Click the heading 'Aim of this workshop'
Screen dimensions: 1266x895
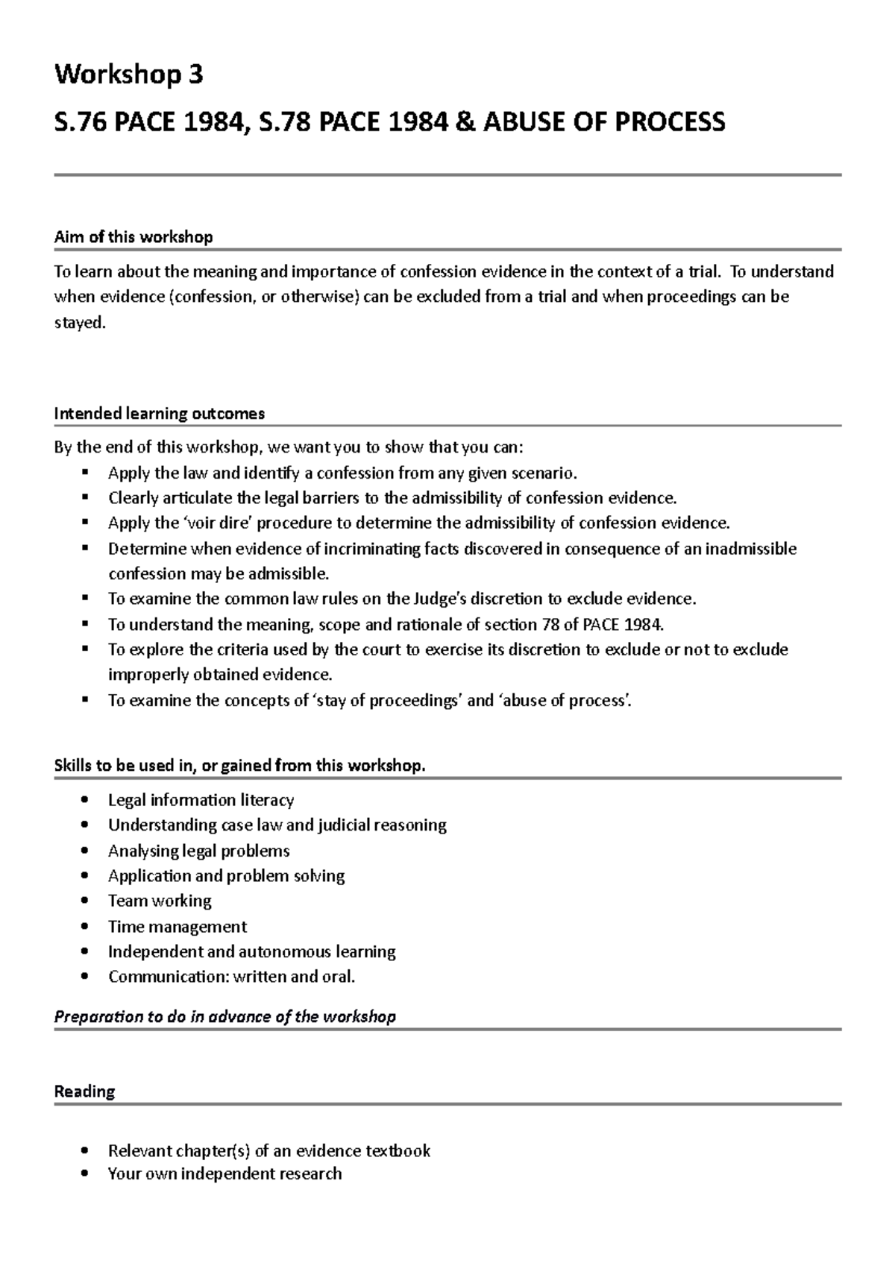(x=134, y=237)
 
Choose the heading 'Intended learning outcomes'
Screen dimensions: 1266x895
(x=160, y=413)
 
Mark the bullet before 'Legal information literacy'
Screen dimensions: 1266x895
(x=88, y=801)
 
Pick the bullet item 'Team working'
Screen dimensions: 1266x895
(x=160, y=901)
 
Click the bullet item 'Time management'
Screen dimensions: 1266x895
(x=177, y=927)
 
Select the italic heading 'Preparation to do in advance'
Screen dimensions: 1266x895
(x=224, y=1017)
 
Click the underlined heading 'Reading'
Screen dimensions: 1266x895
(x=84, y=1092)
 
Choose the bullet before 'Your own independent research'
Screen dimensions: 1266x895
(x=88, y=1174)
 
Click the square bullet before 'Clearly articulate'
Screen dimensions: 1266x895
(x=87, y=497)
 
